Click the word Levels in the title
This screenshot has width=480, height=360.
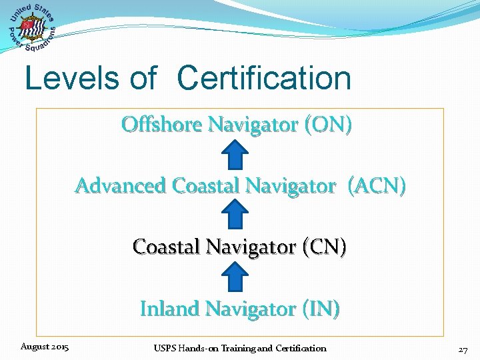coord(73,78)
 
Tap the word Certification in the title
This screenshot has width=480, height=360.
coord(264,78)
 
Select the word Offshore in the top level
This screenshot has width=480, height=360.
coord(161,124)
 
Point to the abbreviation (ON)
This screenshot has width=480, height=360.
coord(327,124)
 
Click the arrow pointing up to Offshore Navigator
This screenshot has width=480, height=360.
coord(235,155)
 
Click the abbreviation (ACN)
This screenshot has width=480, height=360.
coord(376,185)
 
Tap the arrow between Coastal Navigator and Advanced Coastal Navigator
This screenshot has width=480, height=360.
coord(235,216)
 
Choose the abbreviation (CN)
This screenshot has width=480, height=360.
coord(325,247)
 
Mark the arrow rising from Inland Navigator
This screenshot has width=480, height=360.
coord(235,277)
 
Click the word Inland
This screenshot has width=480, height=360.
coord(169,309)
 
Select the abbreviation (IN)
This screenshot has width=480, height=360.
coord(321,309)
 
